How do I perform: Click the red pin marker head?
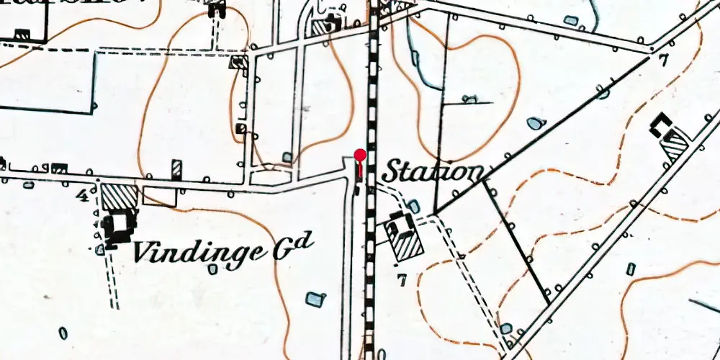point(360,154)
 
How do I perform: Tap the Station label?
point(432,172)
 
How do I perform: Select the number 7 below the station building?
point(400,279)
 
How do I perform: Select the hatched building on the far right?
point(675,148)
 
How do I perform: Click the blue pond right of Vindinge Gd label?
point(314,298)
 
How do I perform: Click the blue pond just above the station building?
point(414,207)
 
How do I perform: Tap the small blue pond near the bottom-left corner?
point(63,333)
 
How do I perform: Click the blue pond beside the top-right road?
point(571,21)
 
